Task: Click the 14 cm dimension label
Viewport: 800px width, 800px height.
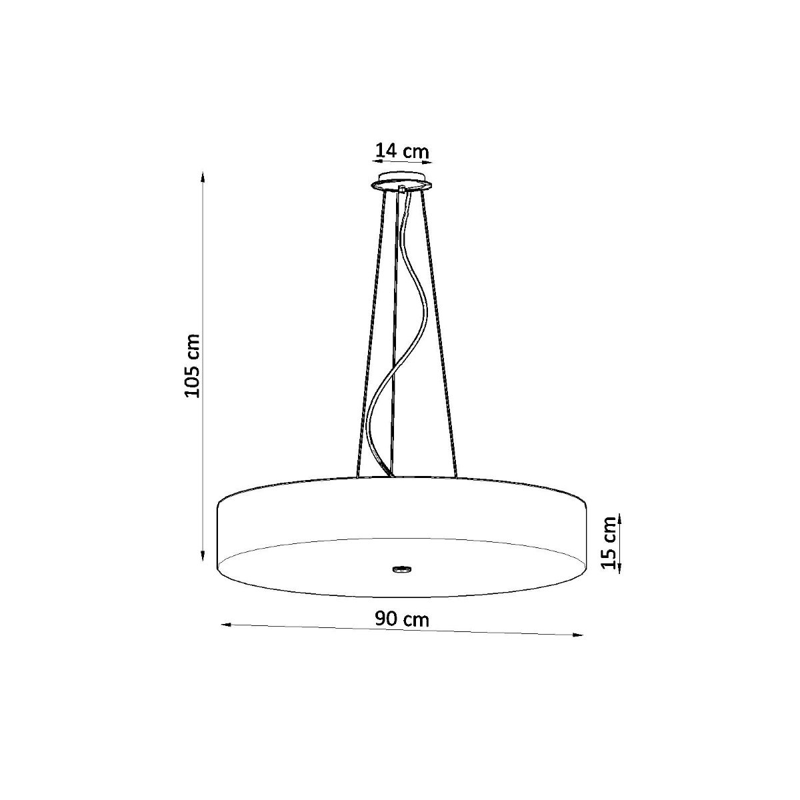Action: (x=402, y=151)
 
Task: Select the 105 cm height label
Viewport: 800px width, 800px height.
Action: (x=192, y=365)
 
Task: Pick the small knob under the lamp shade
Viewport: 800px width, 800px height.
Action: (x=402, y=569)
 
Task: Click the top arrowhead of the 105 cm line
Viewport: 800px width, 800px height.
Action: (x=203, y=178)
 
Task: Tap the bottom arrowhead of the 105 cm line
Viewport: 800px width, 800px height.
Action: (x=203, y=555)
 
